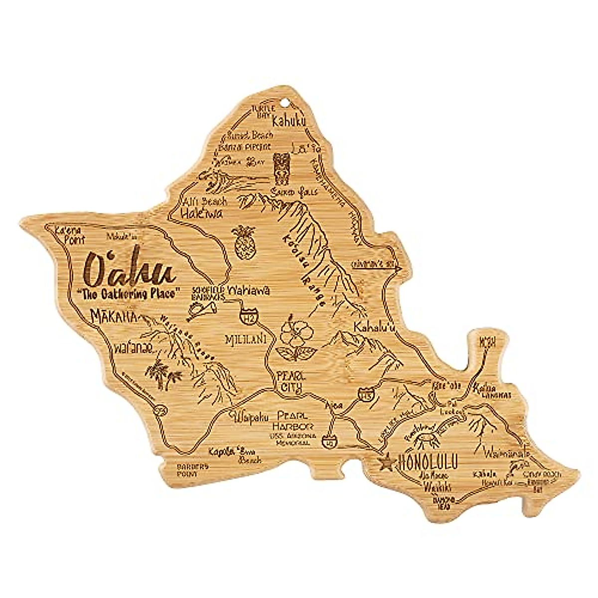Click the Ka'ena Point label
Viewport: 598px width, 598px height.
pyautogui.click(x=65, y=234)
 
